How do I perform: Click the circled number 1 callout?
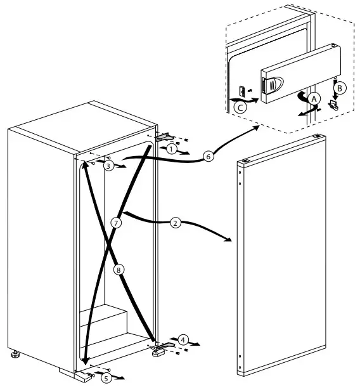[x=171, y=148]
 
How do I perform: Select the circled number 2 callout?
[x=176, y=223]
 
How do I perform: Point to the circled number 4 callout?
[x=183, y=339]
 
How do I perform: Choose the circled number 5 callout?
[x=106, y=378]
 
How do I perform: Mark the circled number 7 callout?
[x=115, y=223]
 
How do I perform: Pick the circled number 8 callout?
[x=119, y=269]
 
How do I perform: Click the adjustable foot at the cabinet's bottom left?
[x=14, y=356]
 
